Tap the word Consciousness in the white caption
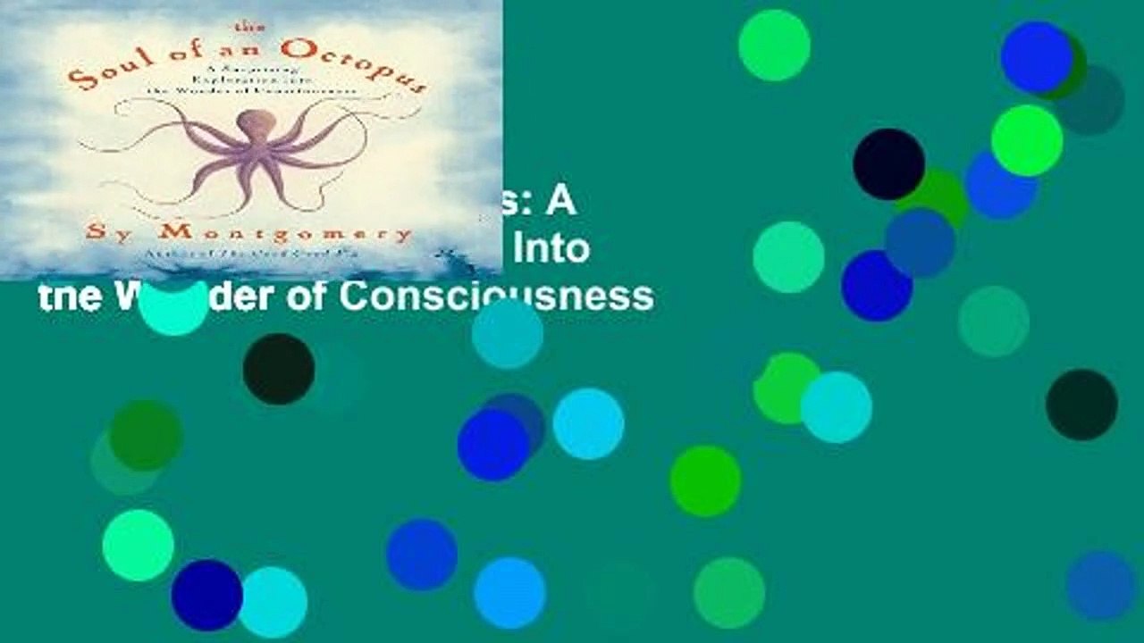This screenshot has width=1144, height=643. click(495, 296)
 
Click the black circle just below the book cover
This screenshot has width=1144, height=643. click(278, 369)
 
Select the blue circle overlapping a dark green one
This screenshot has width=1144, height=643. click(1037, 57)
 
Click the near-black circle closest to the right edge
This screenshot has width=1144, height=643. click(1081, 405)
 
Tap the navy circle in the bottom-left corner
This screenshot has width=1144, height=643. click(206, 595)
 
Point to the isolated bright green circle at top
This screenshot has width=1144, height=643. click(774, 45)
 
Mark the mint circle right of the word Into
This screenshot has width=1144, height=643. click(787, 257)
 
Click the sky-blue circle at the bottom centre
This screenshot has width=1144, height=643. click(509, 593)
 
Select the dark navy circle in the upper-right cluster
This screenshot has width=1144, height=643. click(888, 163)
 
